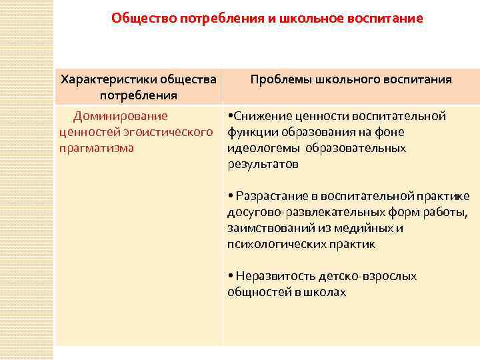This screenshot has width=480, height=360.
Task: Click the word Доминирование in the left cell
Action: [121, 116]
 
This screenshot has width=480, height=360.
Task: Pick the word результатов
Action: [263, 163]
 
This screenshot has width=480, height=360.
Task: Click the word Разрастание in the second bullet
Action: [276, 196]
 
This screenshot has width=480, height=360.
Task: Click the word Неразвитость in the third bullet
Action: [271, 276]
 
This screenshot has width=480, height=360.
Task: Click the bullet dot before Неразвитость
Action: [229, 276]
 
